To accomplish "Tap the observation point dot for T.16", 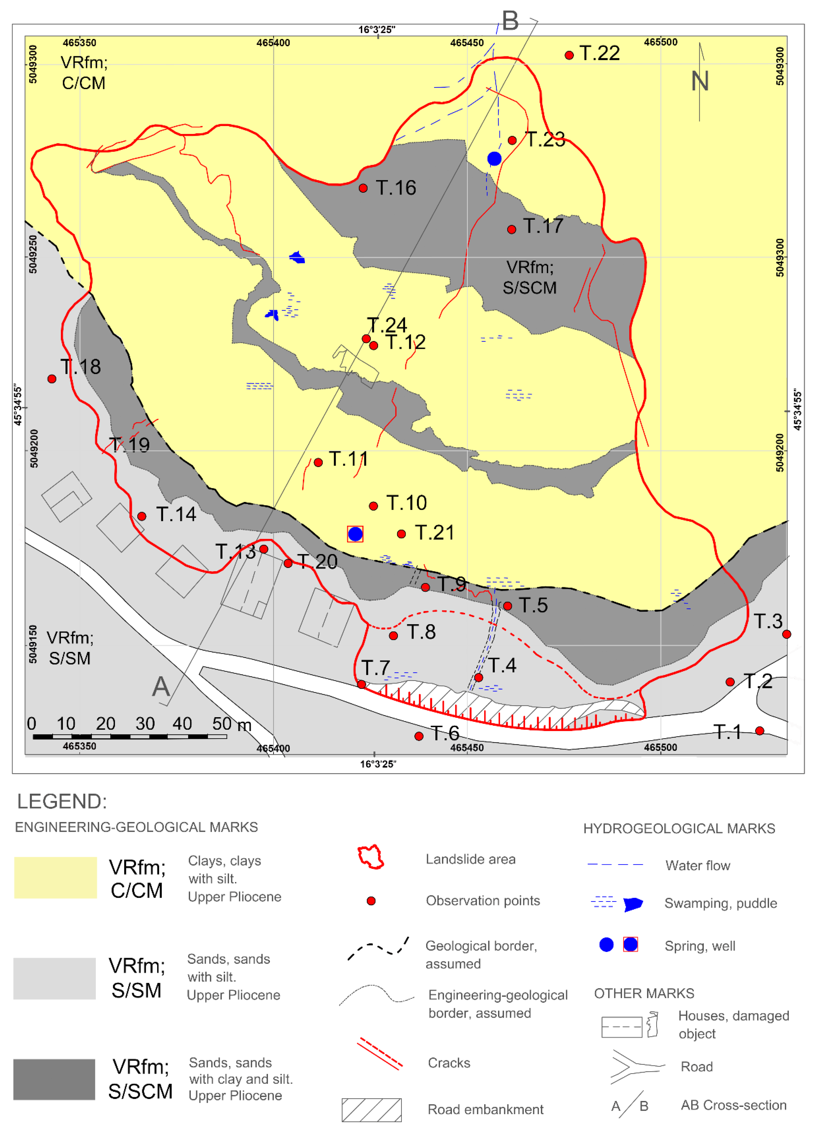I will click(x=363, y=188).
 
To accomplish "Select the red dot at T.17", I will click(x=511, y=230).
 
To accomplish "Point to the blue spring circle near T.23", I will click(x=494, y=159).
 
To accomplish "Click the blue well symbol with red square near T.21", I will click(x=355, y=534).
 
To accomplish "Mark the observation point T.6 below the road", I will click(x=419, y=736).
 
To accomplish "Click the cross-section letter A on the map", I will click(x=161, y=687).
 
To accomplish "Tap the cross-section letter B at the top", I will click(x=510, y=21).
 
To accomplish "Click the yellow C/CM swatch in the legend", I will click(x=55, y=877).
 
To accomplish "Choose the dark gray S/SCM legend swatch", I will click(x=54, y=1079).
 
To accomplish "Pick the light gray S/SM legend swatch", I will click(x=54, y=978).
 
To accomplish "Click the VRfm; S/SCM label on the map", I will click(x=529, y=278).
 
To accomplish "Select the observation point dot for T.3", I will click(x=787, y=634).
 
